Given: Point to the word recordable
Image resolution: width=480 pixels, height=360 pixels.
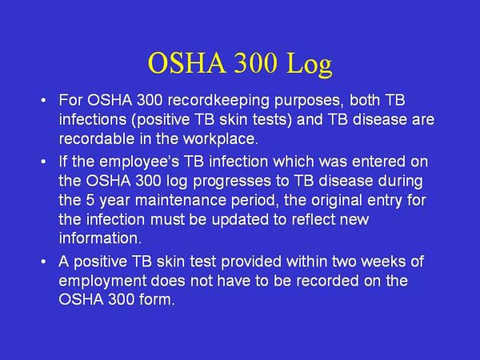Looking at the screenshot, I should click(96, 138).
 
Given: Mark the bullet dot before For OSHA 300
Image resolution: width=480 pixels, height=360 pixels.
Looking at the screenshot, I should click(44, 103).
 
